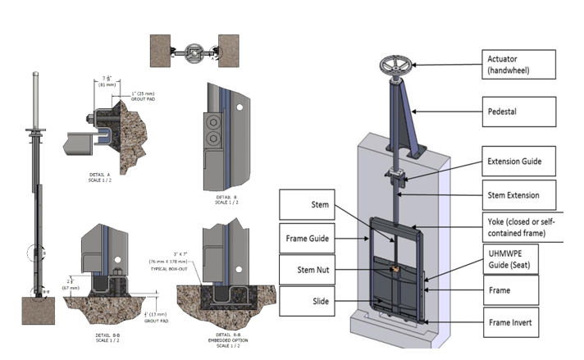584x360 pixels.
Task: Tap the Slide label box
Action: click(317, 301)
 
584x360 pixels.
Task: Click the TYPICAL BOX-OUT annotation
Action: click(172, 268)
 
